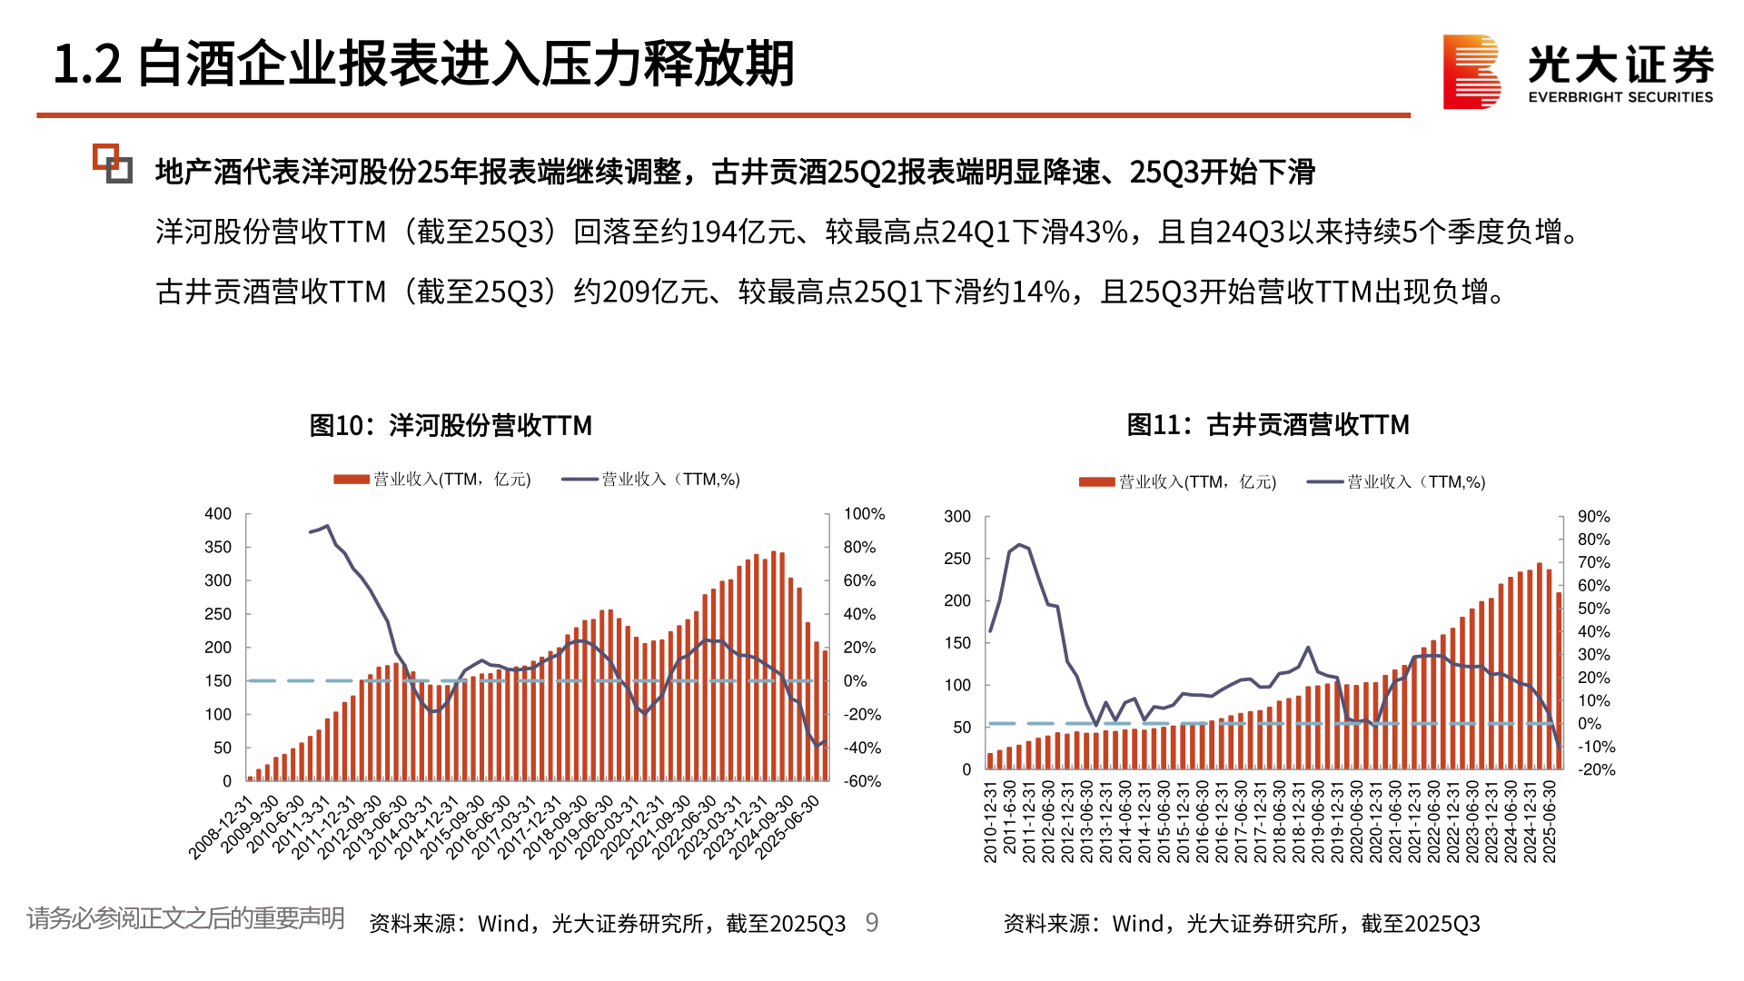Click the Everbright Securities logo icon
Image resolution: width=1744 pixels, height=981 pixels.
pos(1471,72)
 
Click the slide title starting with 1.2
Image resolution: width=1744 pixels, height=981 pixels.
pos(423,64)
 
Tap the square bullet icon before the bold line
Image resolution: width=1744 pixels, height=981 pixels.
pos(113,163)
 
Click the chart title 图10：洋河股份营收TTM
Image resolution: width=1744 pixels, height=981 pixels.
pos(451,425)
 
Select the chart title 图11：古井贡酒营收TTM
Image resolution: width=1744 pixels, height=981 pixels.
pos(1268,424)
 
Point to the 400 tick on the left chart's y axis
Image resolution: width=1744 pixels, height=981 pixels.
pos(218,514)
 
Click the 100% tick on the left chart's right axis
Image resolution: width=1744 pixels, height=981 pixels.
pos(864,514)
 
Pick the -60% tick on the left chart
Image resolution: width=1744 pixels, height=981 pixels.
pos(862,781)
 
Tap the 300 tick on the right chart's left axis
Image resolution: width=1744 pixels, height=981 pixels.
pos(957,517)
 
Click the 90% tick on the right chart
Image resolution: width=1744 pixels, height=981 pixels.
pos(1593,517)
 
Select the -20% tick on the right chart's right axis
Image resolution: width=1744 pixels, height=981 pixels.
pos(1596,769)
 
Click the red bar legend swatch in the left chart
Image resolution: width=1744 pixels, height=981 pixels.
pos(352,480)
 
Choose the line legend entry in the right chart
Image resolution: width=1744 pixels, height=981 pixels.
pos(1396,482)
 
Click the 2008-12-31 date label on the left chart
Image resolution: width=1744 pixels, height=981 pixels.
pos(221,828)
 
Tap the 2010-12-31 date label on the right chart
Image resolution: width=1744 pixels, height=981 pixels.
pos(991,821)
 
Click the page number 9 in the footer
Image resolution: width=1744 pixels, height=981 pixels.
pos(872,923)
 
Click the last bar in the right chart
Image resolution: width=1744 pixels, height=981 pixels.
pos(1559,681)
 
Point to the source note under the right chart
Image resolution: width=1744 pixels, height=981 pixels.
pos(1241,924)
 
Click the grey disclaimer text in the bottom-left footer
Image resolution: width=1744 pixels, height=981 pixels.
pos(185,918)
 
